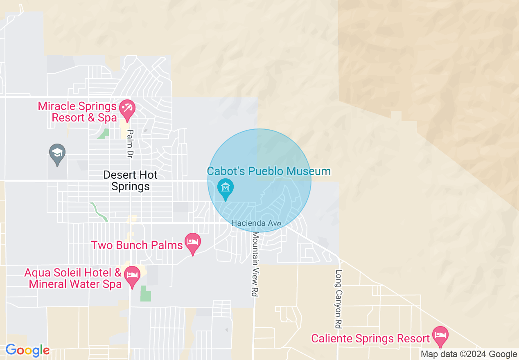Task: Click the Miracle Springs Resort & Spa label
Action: coord(77,112)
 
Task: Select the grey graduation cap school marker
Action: coord(57,154)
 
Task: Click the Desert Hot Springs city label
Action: coord(130,181)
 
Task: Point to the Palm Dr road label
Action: coord(130,144)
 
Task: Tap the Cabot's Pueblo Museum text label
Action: coord(269,171)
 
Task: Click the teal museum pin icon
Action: coord(225,189)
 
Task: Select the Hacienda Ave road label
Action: coord(256,223)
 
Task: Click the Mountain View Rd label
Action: coord(256,264)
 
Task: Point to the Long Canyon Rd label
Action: coord(338,299)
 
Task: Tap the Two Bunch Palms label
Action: coord(137,245)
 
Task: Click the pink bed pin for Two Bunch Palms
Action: coord(192,242)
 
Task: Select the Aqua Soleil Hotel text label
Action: coord(73,278)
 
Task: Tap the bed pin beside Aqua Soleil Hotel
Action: coord(132,275)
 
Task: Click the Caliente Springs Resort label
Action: coord(370,339)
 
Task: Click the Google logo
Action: coord(27,351)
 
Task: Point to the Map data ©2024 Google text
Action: coord(469,354)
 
